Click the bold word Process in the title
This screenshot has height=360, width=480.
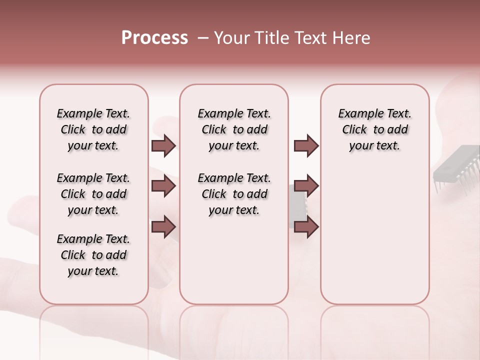[154, 38]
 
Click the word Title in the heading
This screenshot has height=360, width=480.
[271, 38]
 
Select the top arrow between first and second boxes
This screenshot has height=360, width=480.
[163, 145]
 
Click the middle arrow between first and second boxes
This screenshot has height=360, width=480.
[163, 186]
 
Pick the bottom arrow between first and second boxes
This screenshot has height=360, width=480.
[163, 226]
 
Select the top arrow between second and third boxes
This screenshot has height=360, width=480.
[306, 145]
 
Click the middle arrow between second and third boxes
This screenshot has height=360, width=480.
[306, 186]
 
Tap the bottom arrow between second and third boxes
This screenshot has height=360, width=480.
[306, 226]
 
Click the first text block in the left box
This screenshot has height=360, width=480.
[93, 129]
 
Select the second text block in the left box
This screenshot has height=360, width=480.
[93, 194]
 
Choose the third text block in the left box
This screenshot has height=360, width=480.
[93, 255]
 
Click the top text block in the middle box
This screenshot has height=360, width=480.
[234, 129]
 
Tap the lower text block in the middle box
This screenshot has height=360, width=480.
[234, 194]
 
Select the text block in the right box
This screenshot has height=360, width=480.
[374, 129]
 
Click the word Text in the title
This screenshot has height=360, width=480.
[310, 38]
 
